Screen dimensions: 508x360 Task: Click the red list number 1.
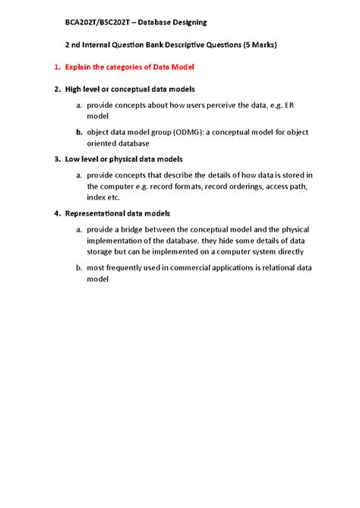57,68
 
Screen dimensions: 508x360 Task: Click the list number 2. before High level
57,90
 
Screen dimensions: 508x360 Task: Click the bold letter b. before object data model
79,132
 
